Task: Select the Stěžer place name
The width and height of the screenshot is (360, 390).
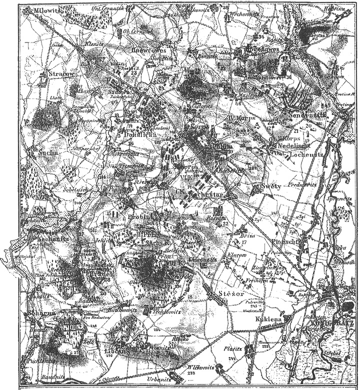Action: coord(231,293)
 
